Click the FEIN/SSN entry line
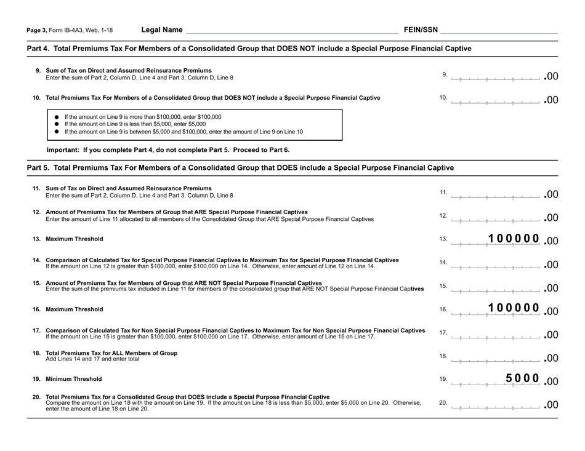499,30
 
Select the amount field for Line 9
496,76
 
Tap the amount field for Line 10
496,98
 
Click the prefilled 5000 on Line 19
522,378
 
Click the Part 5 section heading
241,167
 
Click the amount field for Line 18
496,356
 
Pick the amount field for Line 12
496,216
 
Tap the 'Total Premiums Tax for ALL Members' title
111,353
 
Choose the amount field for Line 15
496,287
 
